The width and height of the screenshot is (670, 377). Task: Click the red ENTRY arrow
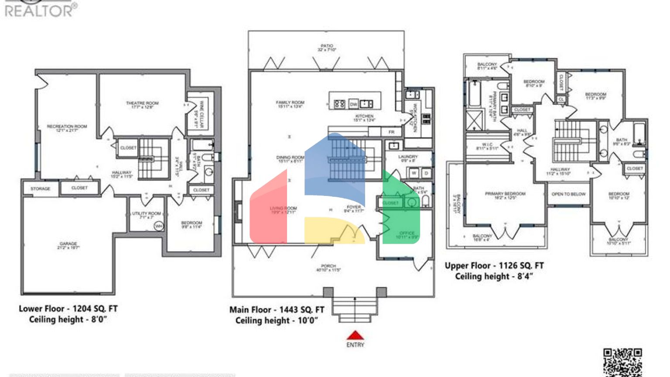(355, 336)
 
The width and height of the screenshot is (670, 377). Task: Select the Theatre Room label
(142, 105)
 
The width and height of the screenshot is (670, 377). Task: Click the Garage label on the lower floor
(68, 245)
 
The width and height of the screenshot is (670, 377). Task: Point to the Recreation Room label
(67, 128)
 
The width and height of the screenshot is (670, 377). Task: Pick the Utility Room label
(147, 215)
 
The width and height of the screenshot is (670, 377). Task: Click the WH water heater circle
(159, 226)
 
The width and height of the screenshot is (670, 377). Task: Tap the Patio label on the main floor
(327, 48)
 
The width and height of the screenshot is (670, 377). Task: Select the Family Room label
(290, 104)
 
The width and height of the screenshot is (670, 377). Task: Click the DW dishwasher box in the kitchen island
(353, 104)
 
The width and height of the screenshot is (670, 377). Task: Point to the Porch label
(328, 267)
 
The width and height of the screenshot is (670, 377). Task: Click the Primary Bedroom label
(505, 195)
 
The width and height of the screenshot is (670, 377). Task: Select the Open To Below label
(568, 194)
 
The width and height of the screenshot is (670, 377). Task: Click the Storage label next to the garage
(40, 188)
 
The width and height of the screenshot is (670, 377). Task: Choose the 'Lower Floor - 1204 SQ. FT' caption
(68, 308)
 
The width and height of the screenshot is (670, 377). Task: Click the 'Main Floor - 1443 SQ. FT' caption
(277, 310)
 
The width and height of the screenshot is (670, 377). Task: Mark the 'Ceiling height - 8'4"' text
(494, 276)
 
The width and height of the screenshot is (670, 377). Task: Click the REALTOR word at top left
(39, 11)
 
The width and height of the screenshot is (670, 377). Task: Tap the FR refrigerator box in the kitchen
(391, 132)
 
